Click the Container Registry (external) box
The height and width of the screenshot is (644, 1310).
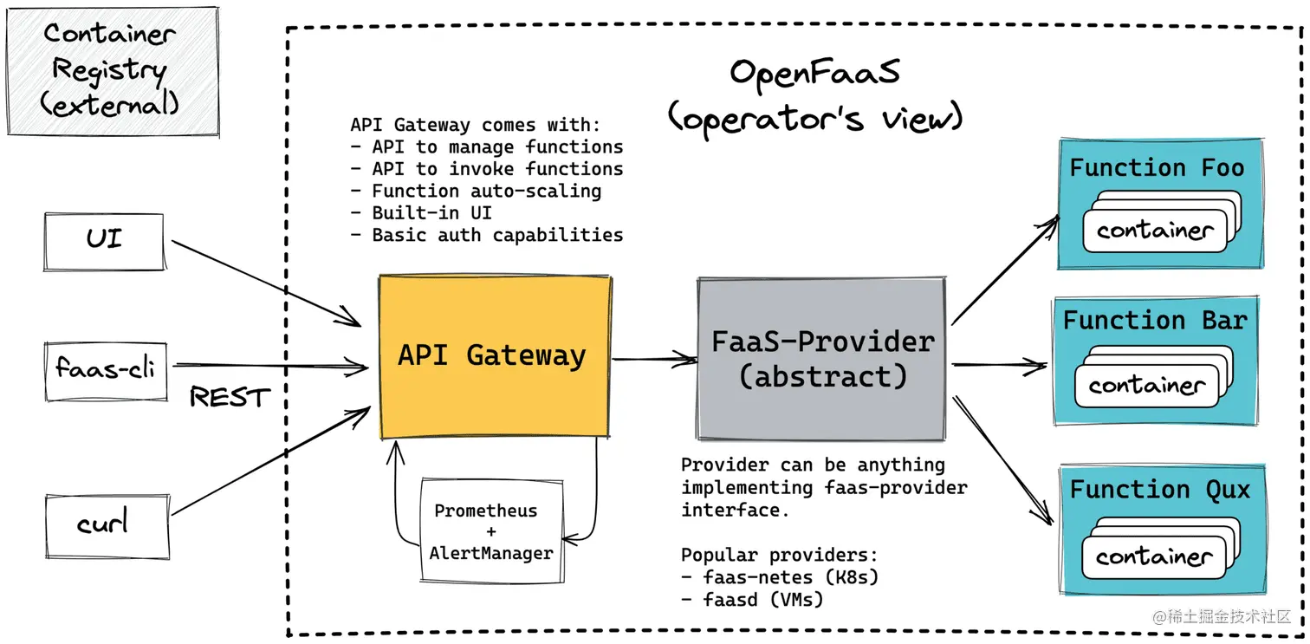tap(113, 72)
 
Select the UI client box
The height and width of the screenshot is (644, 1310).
tap(104, 242)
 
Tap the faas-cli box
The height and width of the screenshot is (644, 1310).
tap(106, 372)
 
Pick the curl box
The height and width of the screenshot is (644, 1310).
tap(107, 526)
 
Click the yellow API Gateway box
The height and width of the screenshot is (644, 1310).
tap(495, 356)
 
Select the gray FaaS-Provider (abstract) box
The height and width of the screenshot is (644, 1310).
tap(821, 359)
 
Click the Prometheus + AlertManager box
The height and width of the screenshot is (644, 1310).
tap(492, 531)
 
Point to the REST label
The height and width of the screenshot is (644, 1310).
tap(230, 397)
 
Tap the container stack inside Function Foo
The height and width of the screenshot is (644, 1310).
tap(1162, 222)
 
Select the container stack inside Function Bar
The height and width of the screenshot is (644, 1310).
tap(1154, 377)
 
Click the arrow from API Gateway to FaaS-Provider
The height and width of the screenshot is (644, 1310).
tap(654, 359)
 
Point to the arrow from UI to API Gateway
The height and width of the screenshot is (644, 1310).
tap(266, 283)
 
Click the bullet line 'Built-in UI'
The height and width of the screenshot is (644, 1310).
tap(421, 213)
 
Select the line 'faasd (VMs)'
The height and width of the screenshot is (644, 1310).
tap(752, 600)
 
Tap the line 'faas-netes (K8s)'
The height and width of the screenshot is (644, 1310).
tap(780, 577)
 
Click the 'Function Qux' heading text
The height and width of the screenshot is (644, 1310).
tap(1160, 490)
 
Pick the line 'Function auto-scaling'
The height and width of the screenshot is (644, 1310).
tap(476, 192)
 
